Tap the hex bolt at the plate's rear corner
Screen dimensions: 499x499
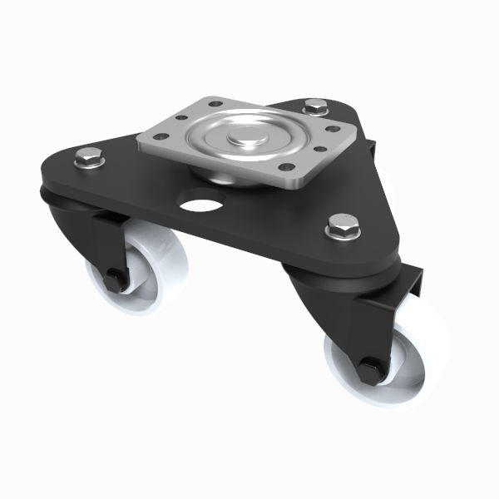click(x=315, y=106)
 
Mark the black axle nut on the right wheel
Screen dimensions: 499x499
click(x=370, y=368)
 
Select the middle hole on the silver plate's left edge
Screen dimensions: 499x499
click(x=181, y=119)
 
